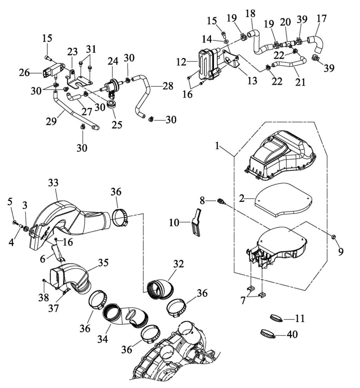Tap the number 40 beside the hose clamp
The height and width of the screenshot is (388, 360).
click(x=292, y=334)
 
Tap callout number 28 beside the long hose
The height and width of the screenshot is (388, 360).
click(x=168, y=86)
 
